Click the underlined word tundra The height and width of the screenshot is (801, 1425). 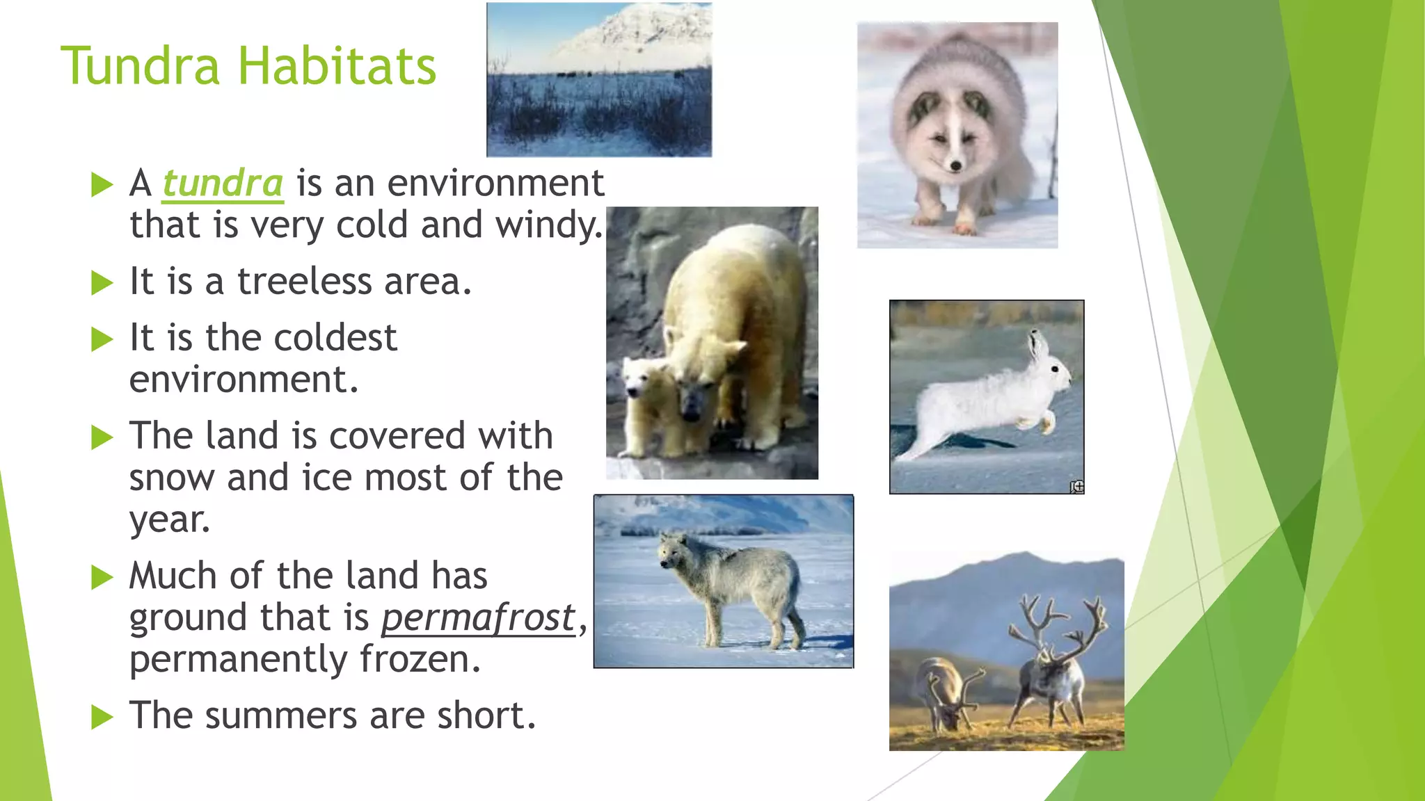coord(223,184)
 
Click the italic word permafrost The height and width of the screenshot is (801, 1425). coord(478,617)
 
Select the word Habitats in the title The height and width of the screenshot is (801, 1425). coord(337,66)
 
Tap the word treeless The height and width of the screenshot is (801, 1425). coord(305,282)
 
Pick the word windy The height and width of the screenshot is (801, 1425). coord(548,225)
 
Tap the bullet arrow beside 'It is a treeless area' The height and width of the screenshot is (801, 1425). coord(102,283)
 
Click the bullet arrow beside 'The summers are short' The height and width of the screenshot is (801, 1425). coord(102,717)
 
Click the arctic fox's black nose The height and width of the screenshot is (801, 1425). coord(955,165)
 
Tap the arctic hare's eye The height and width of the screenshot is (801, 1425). coord(1056,368)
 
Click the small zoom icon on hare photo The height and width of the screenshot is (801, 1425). coord(1076,487)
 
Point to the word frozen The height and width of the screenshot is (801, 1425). coord(420,659)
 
